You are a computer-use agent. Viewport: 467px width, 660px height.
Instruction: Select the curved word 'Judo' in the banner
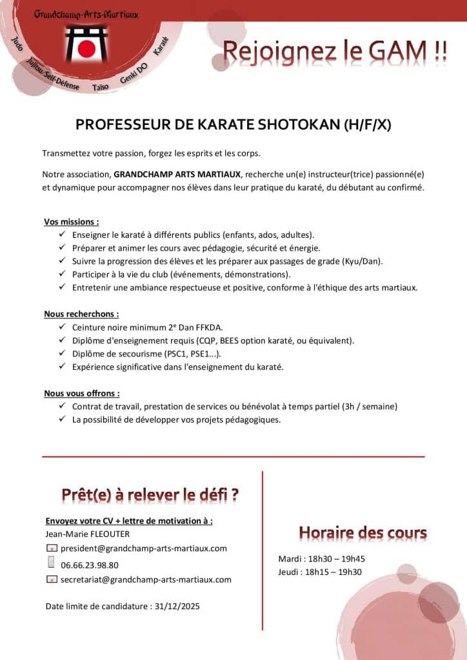(x=18, y=43)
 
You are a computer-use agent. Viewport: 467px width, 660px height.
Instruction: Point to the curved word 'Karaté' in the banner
(x=161, y=44)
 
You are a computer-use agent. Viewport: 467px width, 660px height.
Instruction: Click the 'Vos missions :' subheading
(x=72, y=222)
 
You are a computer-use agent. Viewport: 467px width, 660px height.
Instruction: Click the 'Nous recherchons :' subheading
(x=81, y=314)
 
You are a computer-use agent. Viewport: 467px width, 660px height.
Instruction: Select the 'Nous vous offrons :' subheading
(x=82, y=393)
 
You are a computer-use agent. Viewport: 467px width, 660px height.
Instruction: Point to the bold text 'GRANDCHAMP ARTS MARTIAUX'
(x=177, y=174)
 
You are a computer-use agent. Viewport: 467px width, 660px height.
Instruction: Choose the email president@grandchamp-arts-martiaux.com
(x=144, y=548)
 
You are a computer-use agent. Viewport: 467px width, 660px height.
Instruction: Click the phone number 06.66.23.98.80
(x=90, y=565)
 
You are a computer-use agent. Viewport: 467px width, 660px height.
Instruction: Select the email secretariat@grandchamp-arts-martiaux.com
(x=146, y=579)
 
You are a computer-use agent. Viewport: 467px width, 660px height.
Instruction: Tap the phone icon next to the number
(x=51, y=563)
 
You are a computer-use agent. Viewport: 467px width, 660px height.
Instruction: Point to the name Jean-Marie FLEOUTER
(x=88, y=534)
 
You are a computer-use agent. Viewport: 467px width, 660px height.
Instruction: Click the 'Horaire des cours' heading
(x=363, y=533)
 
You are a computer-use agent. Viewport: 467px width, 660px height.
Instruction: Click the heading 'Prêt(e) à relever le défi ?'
(x=150, y=495)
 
